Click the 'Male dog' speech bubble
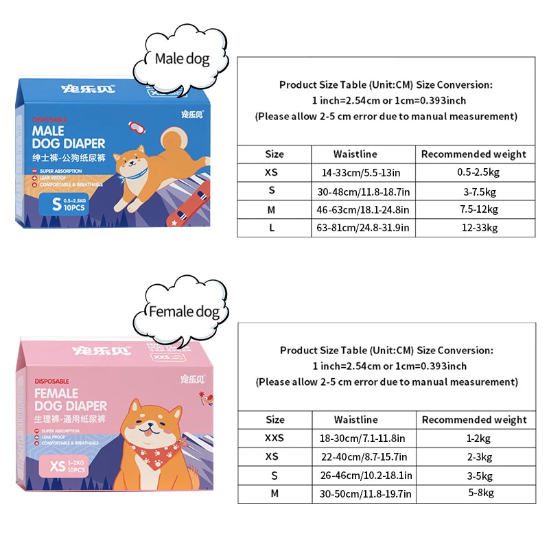[x=182, y=59]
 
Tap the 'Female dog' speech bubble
[x=185, y=312]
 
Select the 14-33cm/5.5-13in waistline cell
[x=355, y=172]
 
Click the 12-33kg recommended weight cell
[x=476, y=227]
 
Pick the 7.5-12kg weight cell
[x=476, y=209]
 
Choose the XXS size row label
[x=274, y=438]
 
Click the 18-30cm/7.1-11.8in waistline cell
[x=362, y=438]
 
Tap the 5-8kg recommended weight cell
[x=476, y=492]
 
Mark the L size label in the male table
[x=272, y=227]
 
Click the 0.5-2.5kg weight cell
[x=476, y=172]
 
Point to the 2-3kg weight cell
[x=476, y=456]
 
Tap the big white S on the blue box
[x=56, y=203]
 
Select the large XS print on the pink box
[x=58, y=468]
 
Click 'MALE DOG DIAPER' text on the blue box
[x=68, y=137]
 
